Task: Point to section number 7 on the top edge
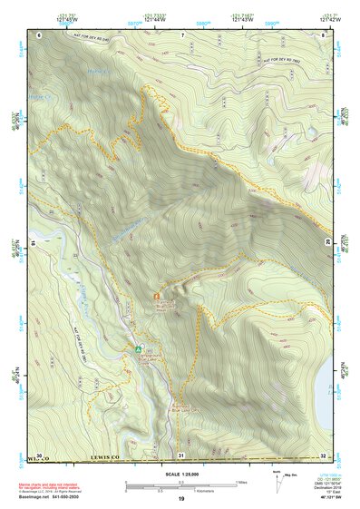coord(181,34)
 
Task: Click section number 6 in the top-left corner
coord(40,34)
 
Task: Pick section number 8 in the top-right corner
coord(324,34)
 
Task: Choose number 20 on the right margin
coord(328,241)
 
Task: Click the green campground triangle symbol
coord(139,347)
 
